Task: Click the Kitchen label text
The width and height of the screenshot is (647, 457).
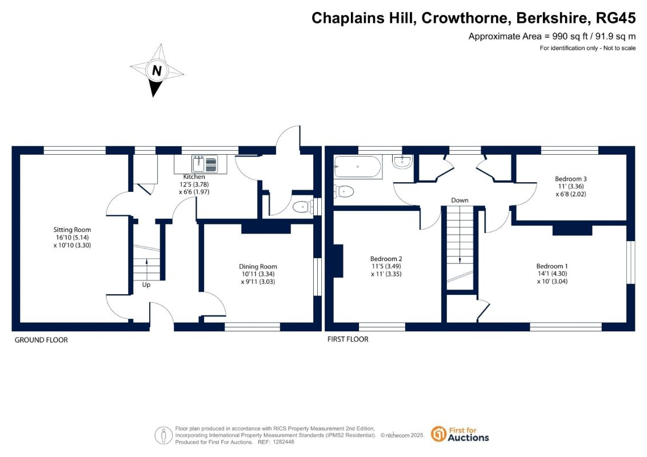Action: (x=194, y=177)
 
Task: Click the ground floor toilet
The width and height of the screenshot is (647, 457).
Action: (x=301, y=208)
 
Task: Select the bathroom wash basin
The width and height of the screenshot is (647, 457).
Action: (x=403, y=162)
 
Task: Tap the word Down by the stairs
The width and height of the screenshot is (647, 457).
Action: (x=460, y=201)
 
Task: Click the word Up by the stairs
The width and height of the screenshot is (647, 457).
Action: (x=146, y=284)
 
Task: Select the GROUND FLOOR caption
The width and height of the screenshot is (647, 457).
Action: (x=41, y=340)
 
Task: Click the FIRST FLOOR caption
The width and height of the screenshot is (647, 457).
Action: (x=348, y=339)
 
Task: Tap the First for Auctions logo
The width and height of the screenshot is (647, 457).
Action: (x=460, y=434)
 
